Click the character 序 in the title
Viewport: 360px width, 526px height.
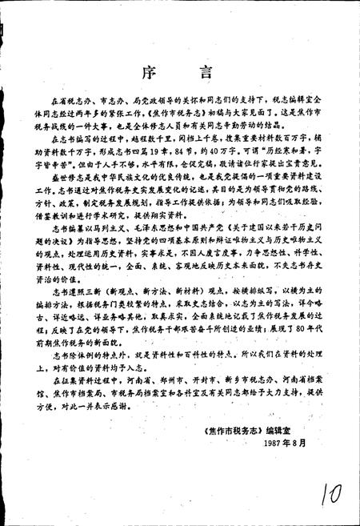coord(158,70)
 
